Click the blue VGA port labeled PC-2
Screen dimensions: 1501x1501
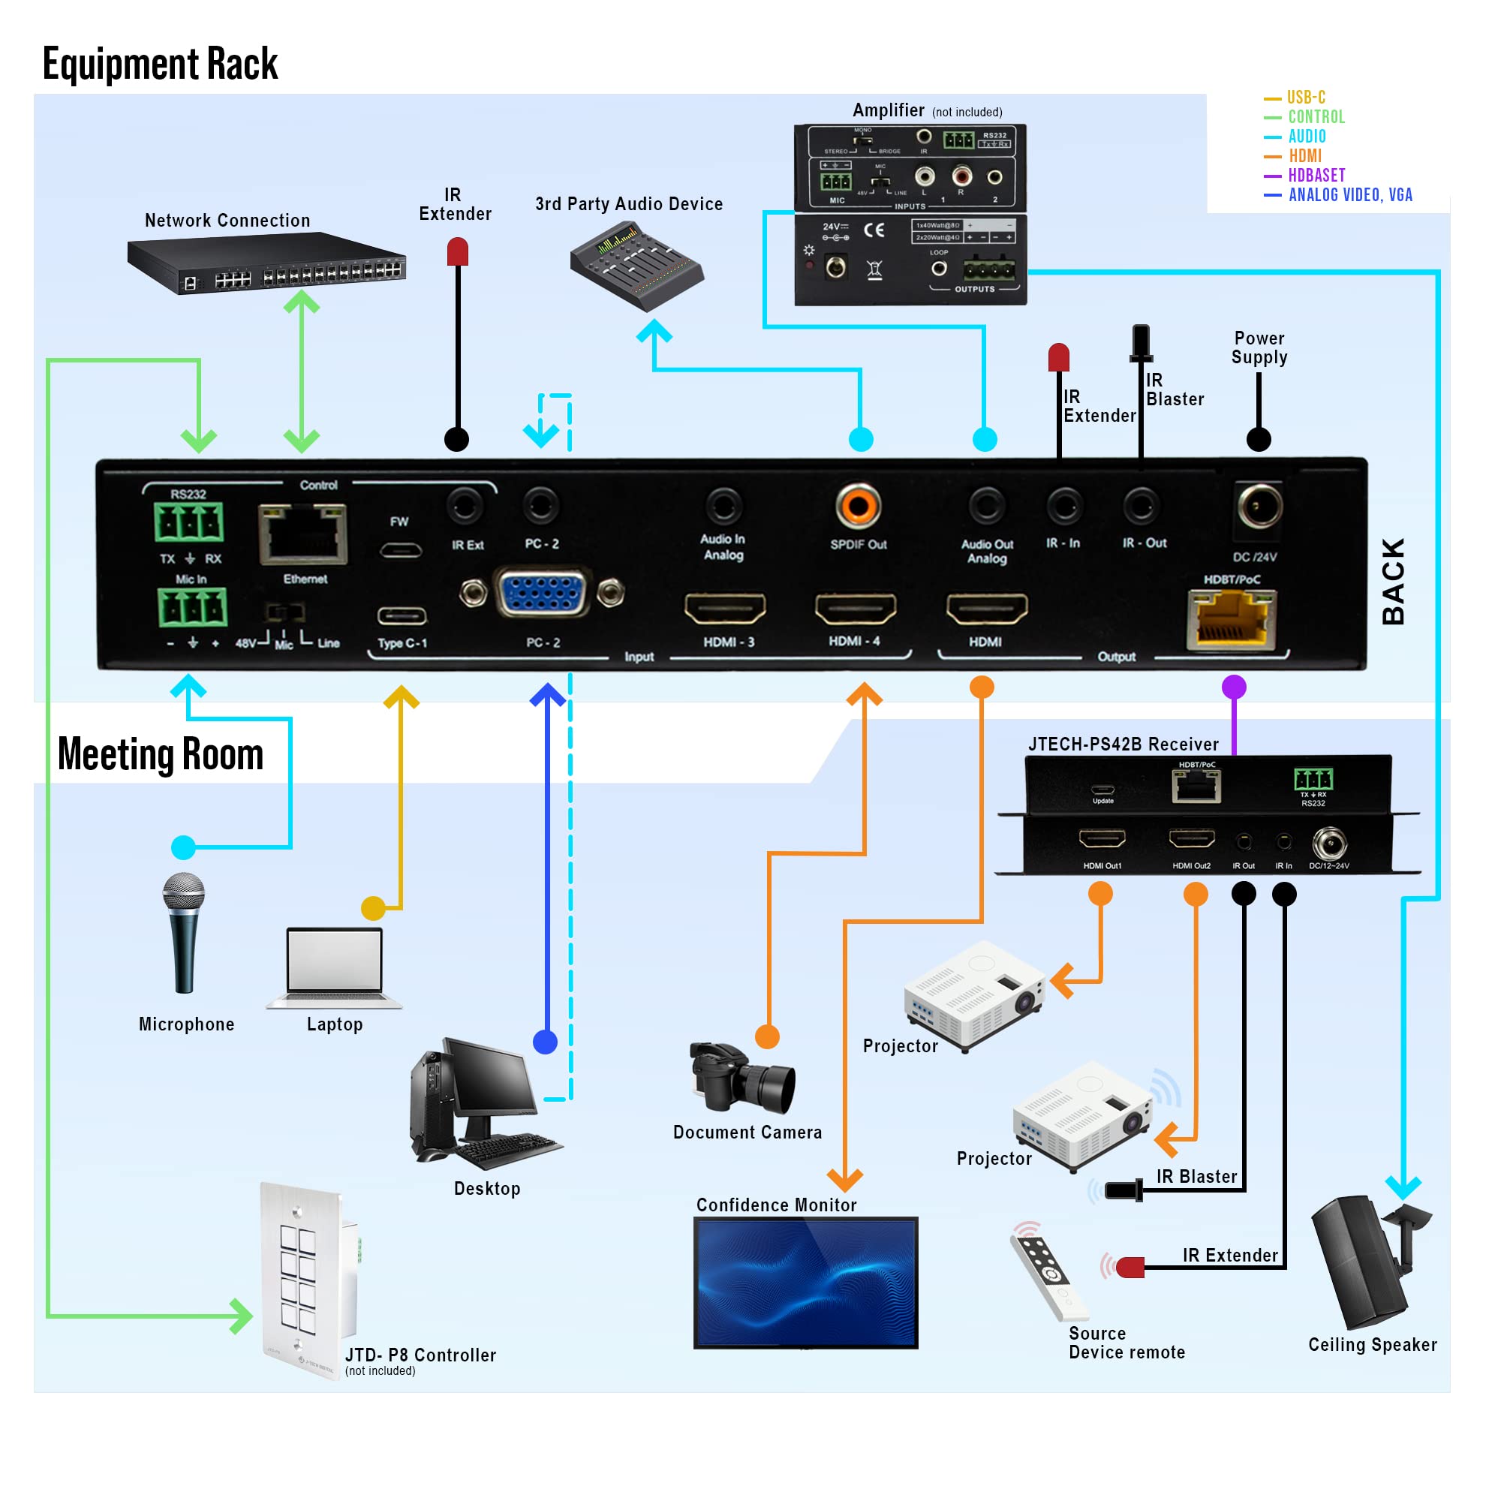(543, 594)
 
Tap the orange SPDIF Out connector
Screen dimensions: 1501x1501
(858, 507)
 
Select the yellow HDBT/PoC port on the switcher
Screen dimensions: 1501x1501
(1232, 618)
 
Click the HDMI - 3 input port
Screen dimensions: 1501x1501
(725, 609)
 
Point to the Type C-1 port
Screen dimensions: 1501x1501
(402, 617)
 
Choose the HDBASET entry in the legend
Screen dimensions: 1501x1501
(1316, 176)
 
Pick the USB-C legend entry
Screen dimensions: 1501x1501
(1305, 98)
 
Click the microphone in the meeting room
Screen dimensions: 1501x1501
(184, 932)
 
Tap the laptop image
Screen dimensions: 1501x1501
(335, 967)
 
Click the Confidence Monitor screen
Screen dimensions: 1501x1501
(805, 1282)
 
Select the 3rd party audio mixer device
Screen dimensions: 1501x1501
(636, 266)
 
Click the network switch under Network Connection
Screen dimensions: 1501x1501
(266, 264)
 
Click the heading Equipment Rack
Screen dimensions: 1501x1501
(160, 64)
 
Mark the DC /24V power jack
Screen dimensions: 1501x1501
(1259, 507)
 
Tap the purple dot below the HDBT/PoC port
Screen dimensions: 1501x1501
(1234, 687)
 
